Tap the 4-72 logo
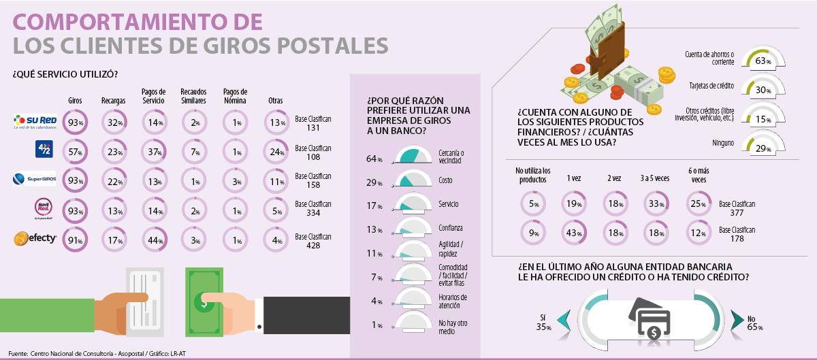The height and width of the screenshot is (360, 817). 44,149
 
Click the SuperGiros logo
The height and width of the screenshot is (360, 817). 34,179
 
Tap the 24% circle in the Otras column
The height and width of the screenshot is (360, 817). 275,152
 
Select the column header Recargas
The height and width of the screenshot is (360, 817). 113,101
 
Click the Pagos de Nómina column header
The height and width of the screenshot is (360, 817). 235,96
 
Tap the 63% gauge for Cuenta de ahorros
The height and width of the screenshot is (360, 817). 763,60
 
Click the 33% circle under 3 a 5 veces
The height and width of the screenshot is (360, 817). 654,203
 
